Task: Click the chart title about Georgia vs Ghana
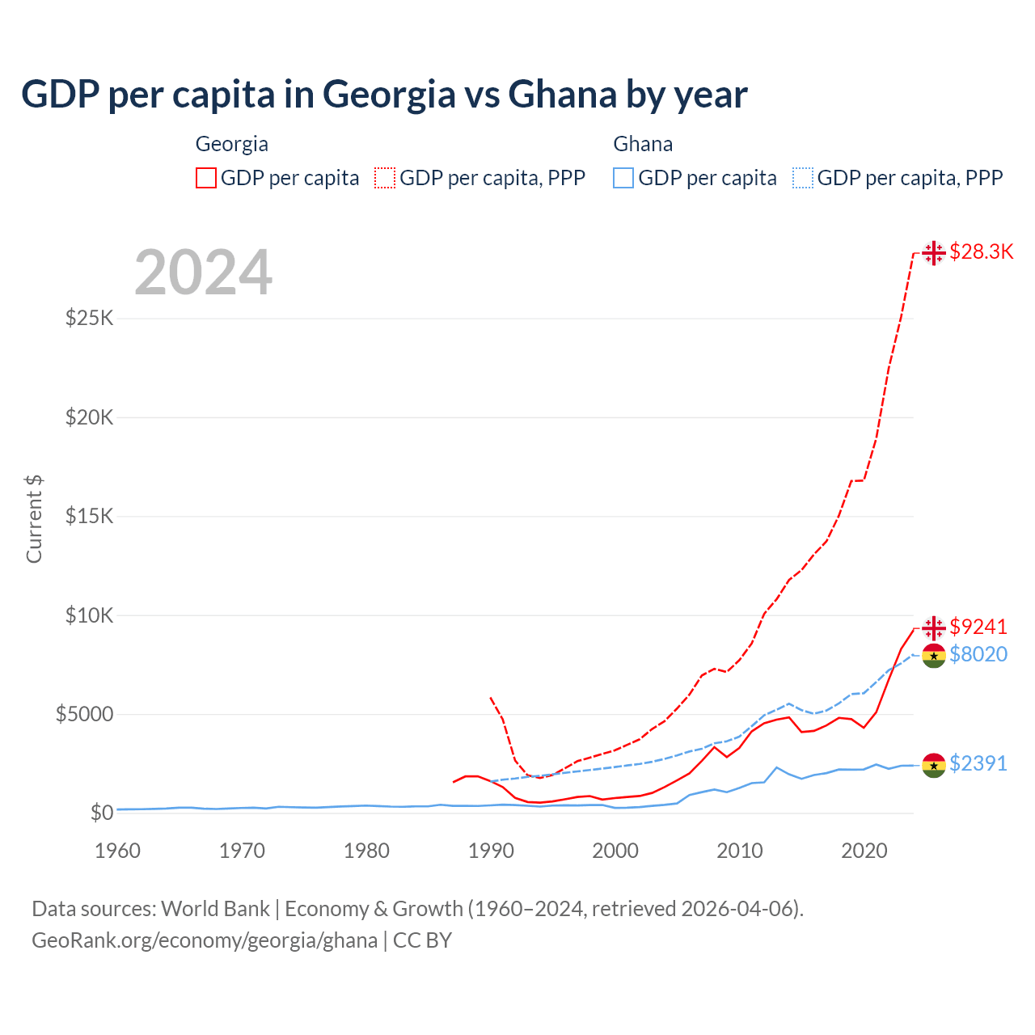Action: [384, 95]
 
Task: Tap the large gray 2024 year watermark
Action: [203, 273]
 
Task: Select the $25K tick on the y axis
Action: [90, 318]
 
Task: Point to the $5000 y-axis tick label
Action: [85, 714]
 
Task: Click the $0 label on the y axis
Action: [101, 813]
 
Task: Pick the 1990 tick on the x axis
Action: [491, 851]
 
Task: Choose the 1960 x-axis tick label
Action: [117, 851]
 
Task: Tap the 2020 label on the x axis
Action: [864, 851]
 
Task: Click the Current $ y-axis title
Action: [34, 519]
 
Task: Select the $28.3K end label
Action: [981, 251]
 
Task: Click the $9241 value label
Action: [978, 627]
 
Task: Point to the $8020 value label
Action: [978, 654]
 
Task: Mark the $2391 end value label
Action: [978, 763]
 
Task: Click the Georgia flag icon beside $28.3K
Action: [934, 253]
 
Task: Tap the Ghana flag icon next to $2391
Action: [934, 765]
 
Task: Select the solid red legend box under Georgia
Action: [206, 178]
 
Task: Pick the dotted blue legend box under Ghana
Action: [803, 178]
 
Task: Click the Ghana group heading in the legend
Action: [643, 144]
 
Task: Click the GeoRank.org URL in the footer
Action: [205, 940]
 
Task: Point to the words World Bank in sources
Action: [215, 909]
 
